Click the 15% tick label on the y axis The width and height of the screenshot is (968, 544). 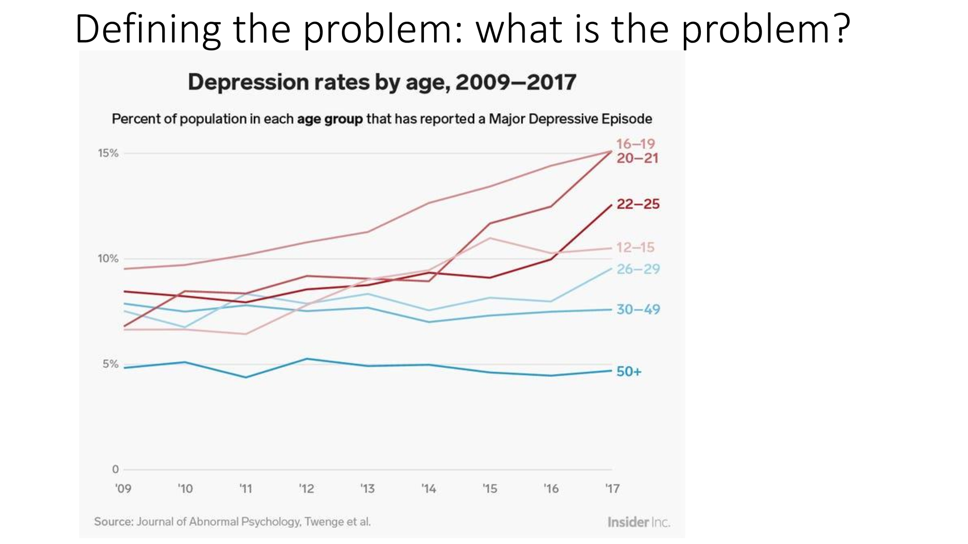tap(108, 154)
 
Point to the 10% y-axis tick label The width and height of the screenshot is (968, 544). tap(108, 259)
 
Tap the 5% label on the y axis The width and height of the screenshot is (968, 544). tap(110, 364)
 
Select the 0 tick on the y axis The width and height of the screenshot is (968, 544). tap(115, 469)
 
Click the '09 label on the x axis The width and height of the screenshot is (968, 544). tap(123, 489)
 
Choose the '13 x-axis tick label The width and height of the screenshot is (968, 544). tap(367, 489)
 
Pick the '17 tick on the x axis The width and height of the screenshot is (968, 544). tap(612, 489)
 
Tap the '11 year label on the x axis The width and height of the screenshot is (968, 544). tap(245, 489)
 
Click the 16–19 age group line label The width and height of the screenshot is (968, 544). tap(635, 144)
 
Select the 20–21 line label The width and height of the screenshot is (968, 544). tap(637, 158)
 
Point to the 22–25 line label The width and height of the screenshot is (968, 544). tap(638, 204)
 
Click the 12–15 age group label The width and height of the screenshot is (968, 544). tap(635, 247)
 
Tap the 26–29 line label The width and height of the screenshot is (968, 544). tap(638, 269)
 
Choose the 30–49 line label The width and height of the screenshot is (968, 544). tap(638, 309)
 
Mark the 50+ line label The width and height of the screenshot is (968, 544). tap(629, 371)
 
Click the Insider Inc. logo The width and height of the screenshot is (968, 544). tap(638, 522)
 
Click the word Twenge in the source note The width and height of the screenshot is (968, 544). tap(324, 522)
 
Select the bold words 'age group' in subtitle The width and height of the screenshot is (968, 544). tap(330, 119)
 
